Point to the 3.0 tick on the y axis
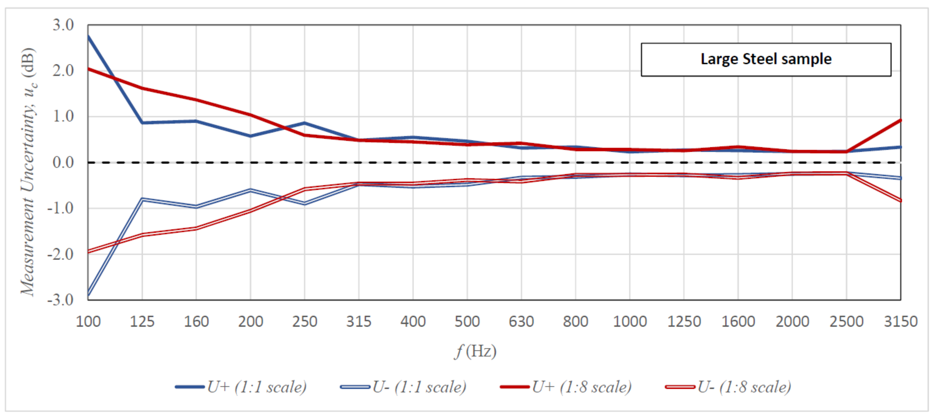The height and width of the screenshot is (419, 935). click(x=63, y=25)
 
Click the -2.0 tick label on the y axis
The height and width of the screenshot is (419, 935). click(x=60, y=254)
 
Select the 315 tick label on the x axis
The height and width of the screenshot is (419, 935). click(x=358, y=322)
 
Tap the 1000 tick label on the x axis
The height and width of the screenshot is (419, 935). click(x=630, y=322)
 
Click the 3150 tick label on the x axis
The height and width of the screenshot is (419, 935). click(x=901, y=322)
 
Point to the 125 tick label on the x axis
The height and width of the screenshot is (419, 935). click(x=142, y=322)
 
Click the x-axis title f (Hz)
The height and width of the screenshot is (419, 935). click(x=475, y=351)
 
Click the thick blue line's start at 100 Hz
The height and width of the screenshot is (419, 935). click(x=88, y=36)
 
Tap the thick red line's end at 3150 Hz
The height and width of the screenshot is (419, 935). click(x=900, y=120)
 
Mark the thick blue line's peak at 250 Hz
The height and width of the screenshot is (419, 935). click(x=304, y=123)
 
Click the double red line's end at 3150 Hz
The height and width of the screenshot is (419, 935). click(x=900, y=200)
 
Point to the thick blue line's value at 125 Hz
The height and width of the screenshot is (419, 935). click(x=142, y=123)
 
